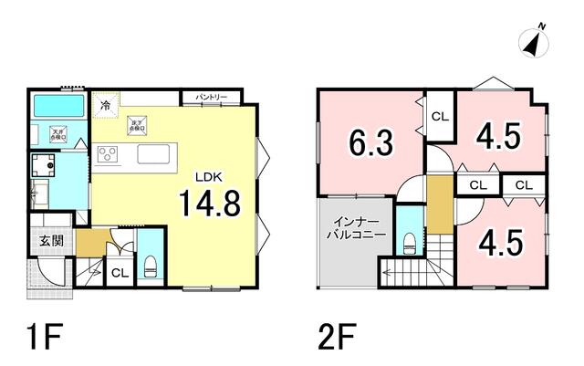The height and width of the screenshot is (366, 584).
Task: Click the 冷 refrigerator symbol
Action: [106, 106]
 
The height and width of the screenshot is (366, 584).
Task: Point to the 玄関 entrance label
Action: [51, 241]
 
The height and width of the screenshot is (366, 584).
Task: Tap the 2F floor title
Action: [337, 335]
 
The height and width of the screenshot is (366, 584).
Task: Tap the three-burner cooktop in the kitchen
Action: [109, 154]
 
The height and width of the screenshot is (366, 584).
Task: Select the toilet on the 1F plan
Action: [149, 267]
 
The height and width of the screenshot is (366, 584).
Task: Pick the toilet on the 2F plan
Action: [410, 242]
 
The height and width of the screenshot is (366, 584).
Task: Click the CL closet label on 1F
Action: [120, 273]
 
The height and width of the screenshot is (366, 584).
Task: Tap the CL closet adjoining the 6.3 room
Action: [440, 116]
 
